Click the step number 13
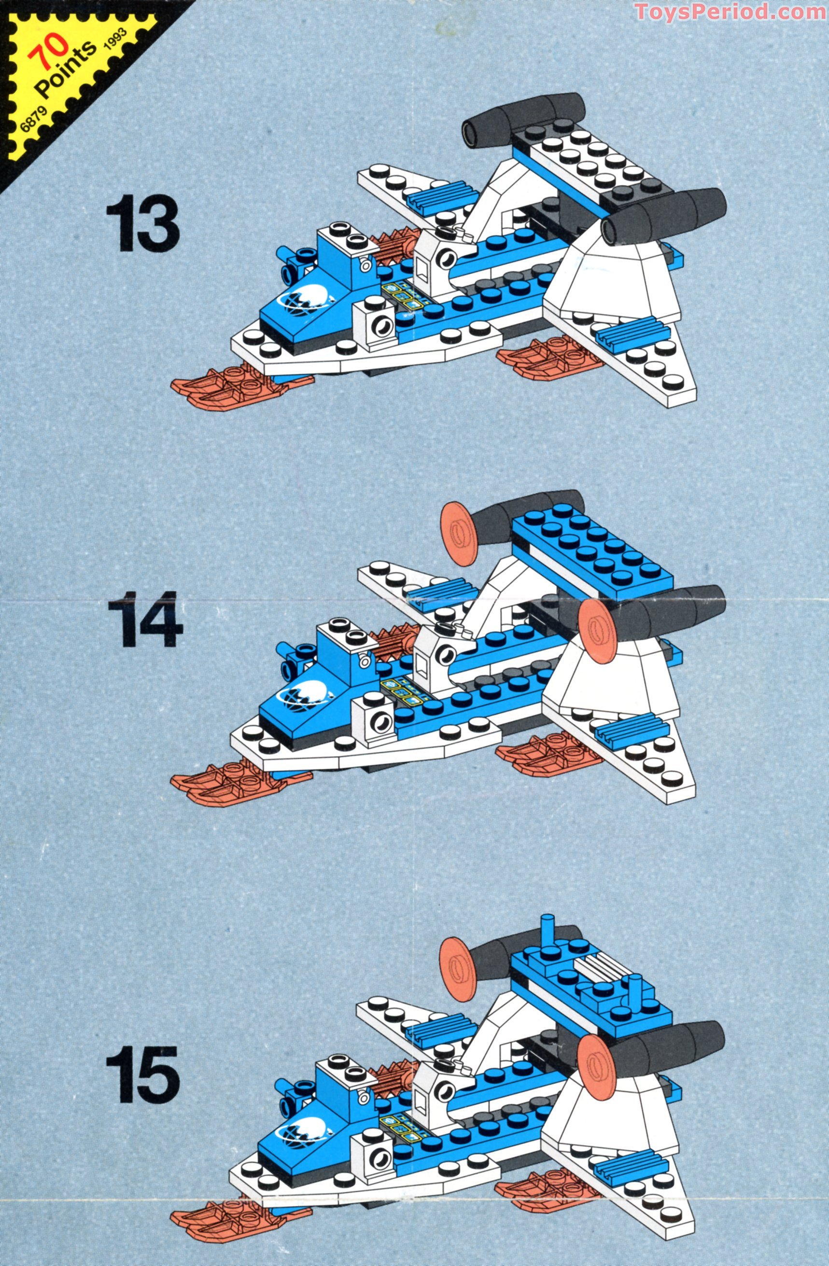[143, 223]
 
